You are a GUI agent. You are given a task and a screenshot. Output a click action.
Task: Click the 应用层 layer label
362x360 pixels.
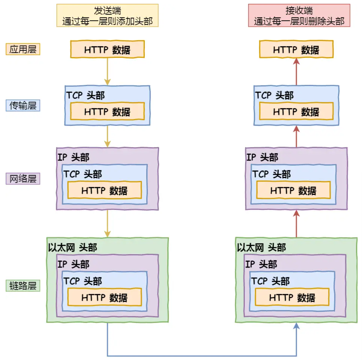click(23, 49)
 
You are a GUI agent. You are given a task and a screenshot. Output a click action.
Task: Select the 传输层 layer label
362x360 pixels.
click(23, 105)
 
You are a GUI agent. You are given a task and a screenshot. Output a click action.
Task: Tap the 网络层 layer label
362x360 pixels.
click(23, 179)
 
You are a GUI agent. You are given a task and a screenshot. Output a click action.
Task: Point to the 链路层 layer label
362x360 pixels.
click(23, 286)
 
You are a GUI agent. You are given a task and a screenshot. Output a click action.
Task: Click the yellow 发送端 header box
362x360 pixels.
click(107, 16)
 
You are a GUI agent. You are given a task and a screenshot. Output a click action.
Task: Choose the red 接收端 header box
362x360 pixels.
click(299, 16)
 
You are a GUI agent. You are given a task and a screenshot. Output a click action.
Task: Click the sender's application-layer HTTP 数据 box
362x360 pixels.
click(107, 49)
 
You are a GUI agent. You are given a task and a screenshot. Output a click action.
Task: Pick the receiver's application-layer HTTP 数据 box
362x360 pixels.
click(296, 49)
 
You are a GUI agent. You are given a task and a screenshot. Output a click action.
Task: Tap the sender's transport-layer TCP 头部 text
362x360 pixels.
click(85, 95)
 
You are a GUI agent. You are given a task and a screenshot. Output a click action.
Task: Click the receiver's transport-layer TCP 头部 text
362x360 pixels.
click(274, 95)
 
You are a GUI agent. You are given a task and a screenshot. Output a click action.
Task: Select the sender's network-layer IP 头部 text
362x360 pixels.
click(74, 157)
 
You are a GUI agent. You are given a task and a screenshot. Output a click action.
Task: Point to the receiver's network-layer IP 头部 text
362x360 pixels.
click(262, 157)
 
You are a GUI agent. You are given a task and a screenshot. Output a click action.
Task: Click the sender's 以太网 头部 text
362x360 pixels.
click(73, 247)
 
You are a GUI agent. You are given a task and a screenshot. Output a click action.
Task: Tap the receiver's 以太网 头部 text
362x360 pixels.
click(262, 247)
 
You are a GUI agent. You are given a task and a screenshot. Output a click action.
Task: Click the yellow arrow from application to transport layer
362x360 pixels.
click(107, 72)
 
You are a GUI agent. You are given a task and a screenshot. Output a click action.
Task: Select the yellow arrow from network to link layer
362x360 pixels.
click(107, 224)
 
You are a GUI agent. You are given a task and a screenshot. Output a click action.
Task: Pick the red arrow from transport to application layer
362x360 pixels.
click(296, 72)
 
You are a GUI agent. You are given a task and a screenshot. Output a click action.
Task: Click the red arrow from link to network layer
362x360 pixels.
click(296, 224)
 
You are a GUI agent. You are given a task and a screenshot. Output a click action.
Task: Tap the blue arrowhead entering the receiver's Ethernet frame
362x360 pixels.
click(296, 326)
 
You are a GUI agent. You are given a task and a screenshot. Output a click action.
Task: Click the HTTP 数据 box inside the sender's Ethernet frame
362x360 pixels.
click(104, 297)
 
